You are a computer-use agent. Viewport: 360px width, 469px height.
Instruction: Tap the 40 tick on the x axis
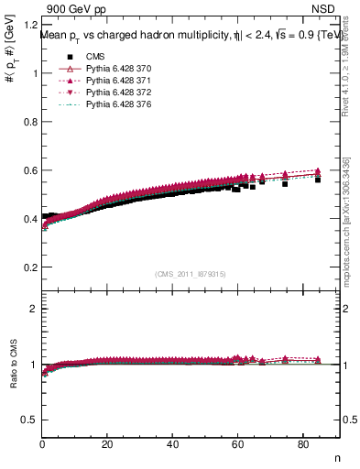pos(173,446)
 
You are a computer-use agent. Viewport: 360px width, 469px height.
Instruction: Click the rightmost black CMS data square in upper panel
pos(318,180)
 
